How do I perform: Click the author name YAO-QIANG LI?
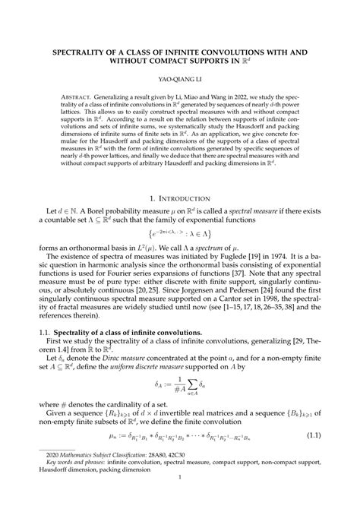pos(180,77)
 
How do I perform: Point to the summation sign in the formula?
pos(183,398)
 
